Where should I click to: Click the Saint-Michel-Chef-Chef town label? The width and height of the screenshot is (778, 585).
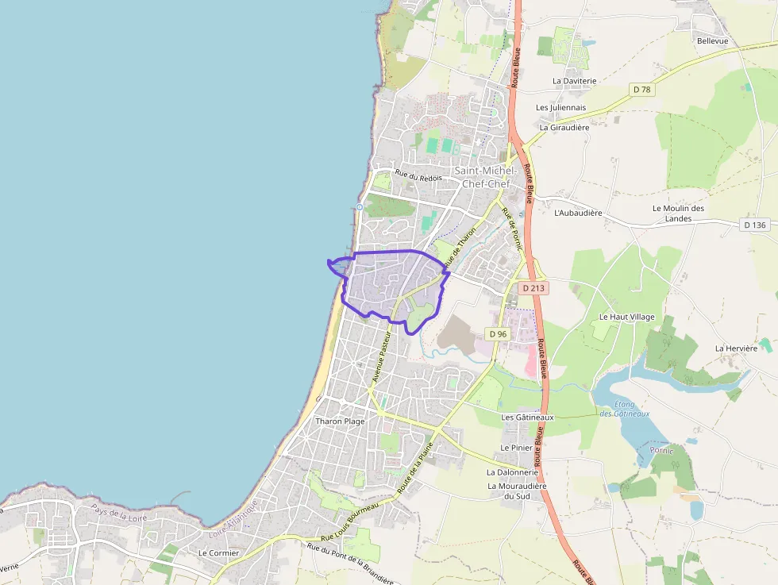[x=485, y=177]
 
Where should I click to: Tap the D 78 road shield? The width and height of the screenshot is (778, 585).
[x=641, y=90]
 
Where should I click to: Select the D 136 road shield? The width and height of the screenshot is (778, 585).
[x=755, y=225]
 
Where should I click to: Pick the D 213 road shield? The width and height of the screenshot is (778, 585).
[x=533, y=288]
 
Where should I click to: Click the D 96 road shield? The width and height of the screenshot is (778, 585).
[x=498, y=334]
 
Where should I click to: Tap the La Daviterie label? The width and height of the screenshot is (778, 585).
[x=574, y=81]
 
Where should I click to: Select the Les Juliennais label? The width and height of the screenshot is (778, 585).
[x=560, y=107]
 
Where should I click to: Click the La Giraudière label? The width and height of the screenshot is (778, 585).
[x=564, y=127]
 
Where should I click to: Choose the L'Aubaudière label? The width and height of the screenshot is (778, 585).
[x=578, y=213]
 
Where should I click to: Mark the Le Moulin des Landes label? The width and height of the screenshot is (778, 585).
[x=678, y=213]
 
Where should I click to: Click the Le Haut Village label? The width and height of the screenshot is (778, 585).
[x=627, y=317]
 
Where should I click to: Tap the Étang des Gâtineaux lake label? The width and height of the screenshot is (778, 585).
[x=624, y=409]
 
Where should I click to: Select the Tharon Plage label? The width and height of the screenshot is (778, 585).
[x=340, y=421]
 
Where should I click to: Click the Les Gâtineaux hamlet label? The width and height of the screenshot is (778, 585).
[x=527, y=417]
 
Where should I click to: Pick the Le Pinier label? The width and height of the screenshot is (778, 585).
[x=516, y=448]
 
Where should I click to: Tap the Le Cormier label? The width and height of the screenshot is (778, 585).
[x=218, y=552]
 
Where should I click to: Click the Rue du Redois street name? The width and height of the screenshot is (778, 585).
[x=418, y=177]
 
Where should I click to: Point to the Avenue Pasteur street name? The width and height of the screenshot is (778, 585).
[x=383, y=358]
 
